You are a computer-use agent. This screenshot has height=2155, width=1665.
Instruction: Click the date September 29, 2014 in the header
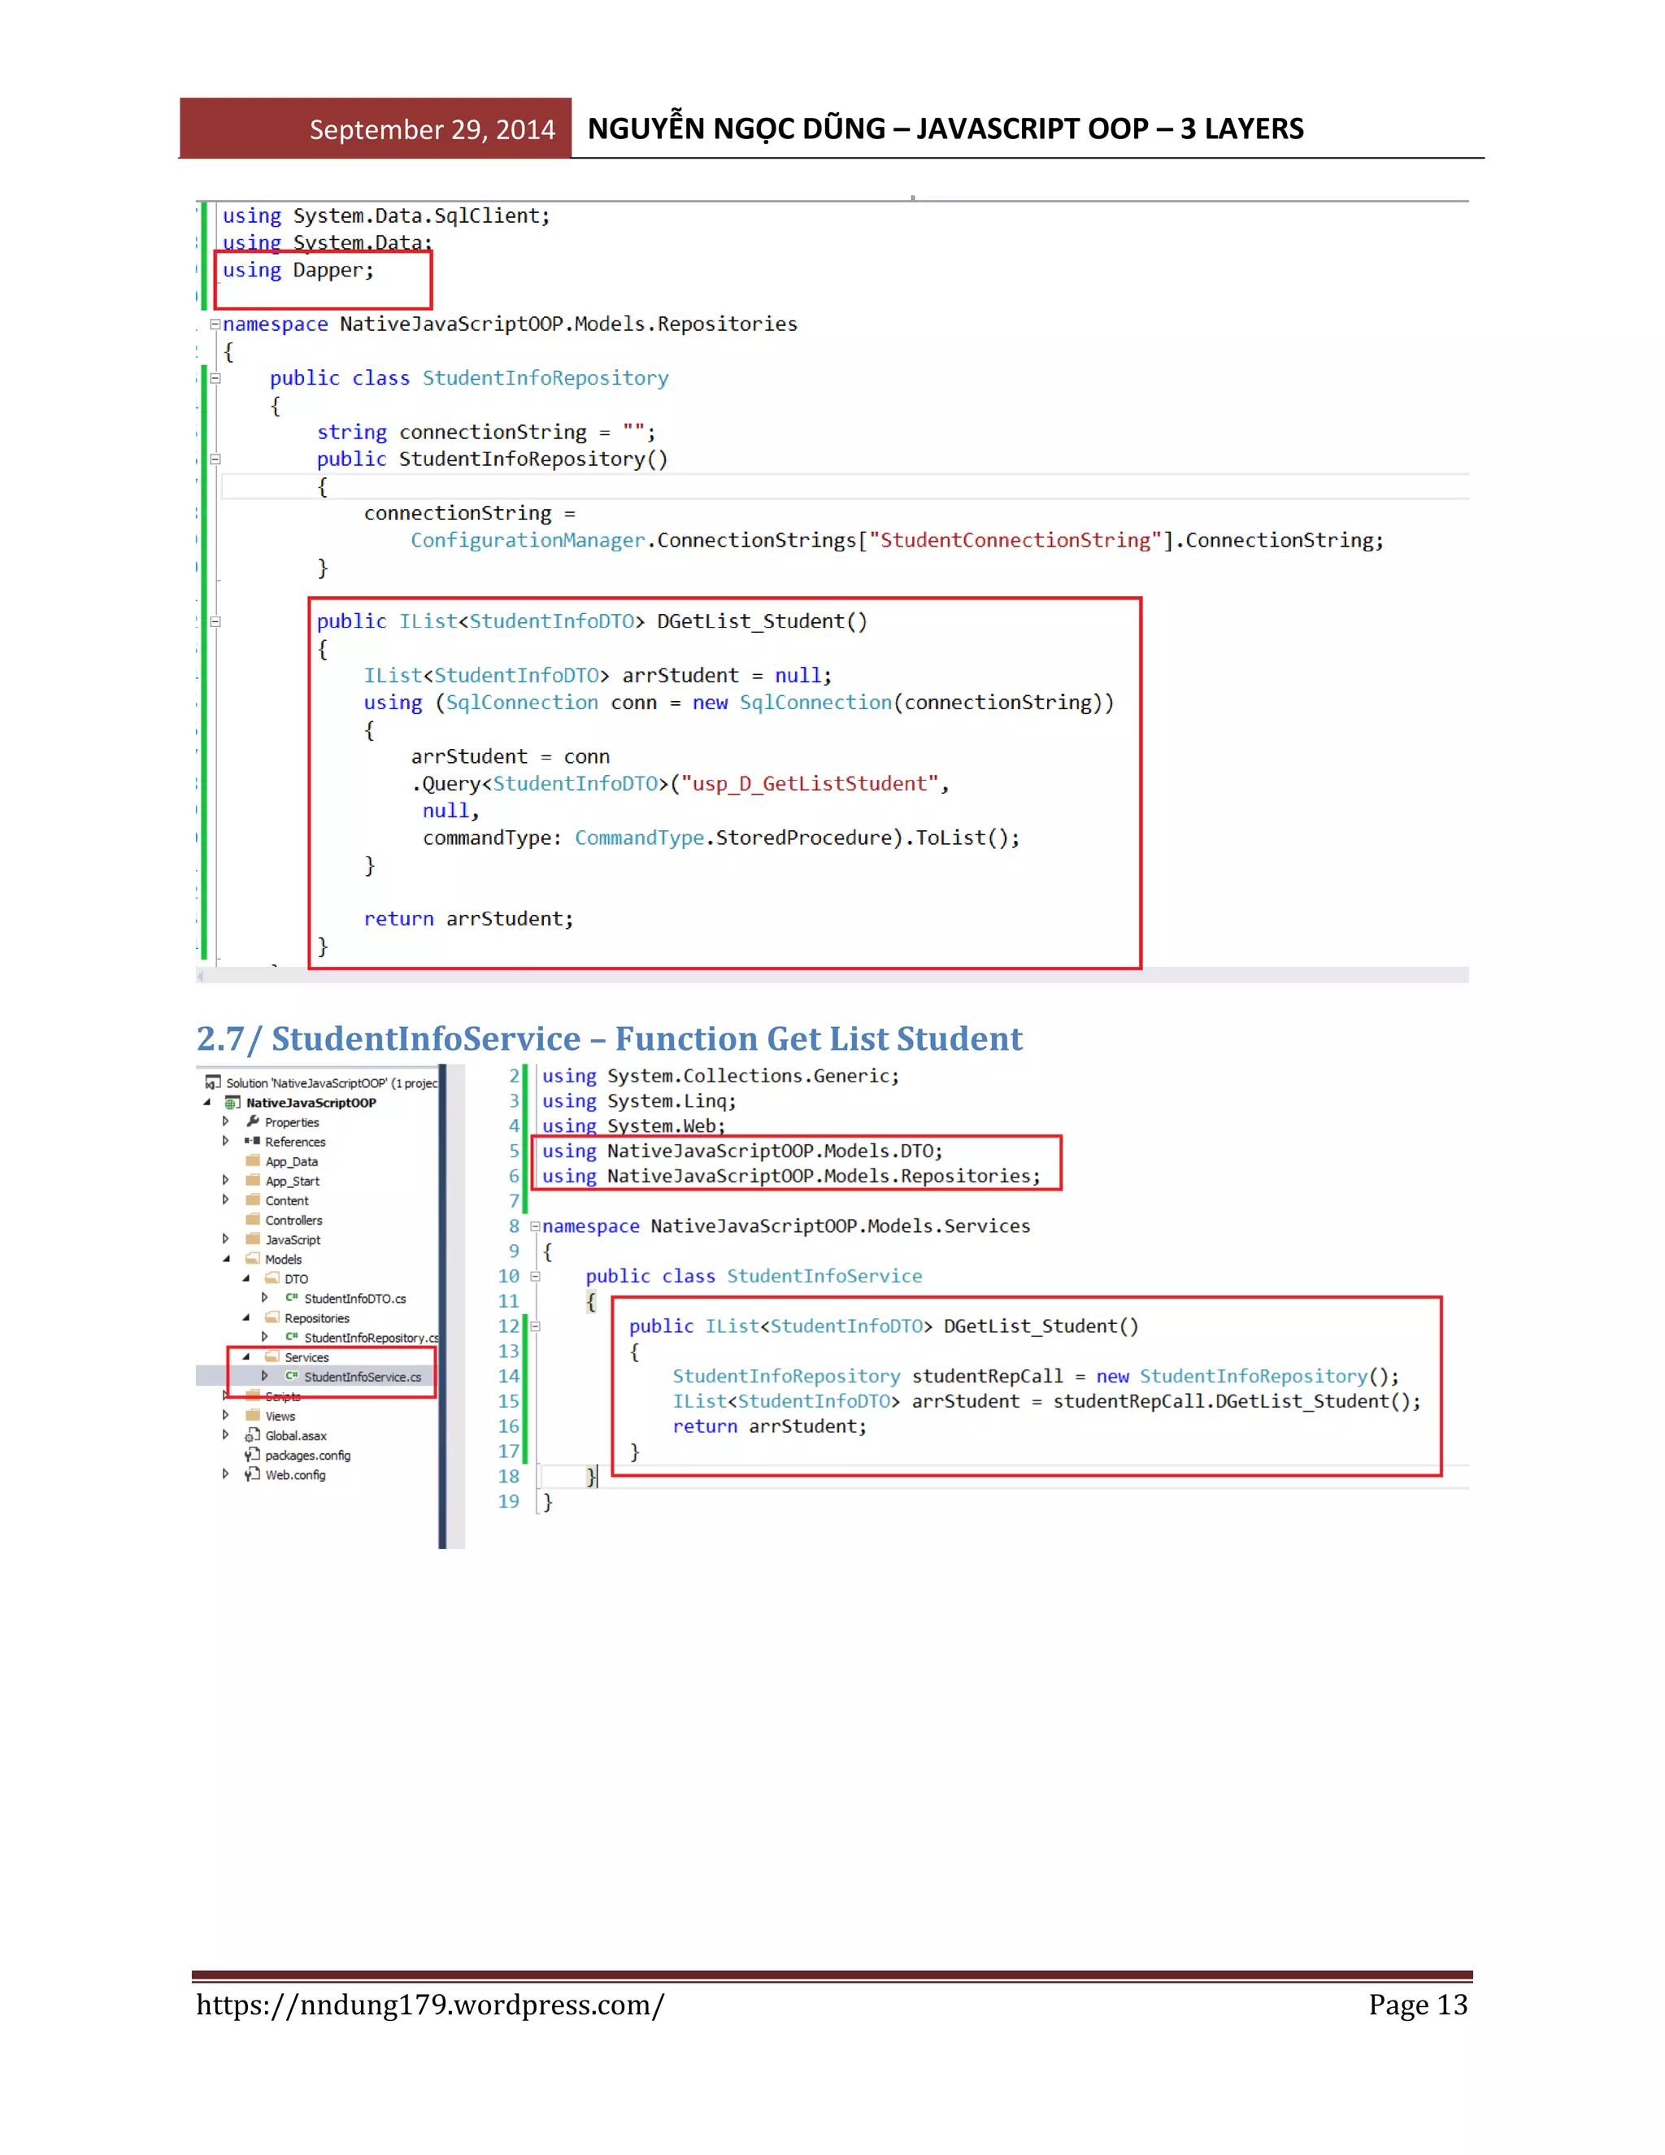431,129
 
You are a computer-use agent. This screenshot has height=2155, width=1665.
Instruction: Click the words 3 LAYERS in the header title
1242,128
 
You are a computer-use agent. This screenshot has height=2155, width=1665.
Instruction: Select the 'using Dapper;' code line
298,270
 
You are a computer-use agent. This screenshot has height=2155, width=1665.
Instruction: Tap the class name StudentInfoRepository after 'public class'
545,378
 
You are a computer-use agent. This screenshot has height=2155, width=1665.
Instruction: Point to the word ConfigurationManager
528,541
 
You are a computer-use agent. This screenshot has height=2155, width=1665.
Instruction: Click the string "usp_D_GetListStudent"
809,783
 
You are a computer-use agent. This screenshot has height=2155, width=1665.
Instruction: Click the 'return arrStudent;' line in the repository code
467,919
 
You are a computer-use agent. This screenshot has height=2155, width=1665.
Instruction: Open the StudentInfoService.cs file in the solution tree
361,1377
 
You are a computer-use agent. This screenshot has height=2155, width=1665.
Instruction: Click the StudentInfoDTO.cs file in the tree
354,1299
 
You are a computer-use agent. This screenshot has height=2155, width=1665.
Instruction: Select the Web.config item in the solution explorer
294,1475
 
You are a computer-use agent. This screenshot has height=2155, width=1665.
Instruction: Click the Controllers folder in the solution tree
293,1221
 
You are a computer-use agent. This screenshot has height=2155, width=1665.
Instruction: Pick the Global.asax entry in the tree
295,1435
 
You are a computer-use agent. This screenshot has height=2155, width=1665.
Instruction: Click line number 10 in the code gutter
508,1276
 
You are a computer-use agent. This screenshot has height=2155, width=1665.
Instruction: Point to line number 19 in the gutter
508,1501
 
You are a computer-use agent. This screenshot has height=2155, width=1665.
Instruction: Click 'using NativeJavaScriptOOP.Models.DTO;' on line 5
741,1152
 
